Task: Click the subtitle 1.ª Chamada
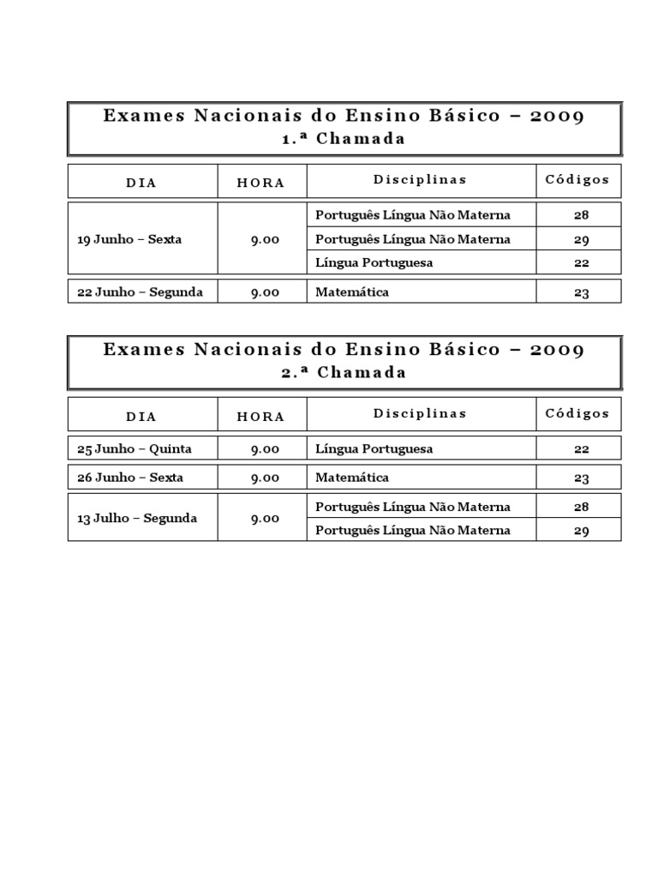[x=344, y=138]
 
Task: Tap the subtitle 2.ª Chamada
[x=344, y=372]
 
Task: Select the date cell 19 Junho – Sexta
[x=129, y=239]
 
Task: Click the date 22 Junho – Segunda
[x=140, y=292]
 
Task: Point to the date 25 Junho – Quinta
[x=135, y=448]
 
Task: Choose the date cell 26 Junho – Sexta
[x=129, y=478]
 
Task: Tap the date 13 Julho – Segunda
[x=137, y=518]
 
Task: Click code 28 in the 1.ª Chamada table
[x=582, y=215]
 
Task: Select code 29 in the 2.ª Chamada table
[x=582, y=531]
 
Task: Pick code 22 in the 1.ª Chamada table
[x=582, y=263]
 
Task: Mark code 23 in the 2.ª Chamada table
[x=582, y=478]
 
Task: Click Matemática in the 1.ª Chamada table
[x=352, y=292]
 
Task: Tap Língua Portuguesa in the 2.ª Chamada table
[x=374, y=448]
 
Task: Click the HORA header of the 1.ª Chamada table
[x=261, y=182]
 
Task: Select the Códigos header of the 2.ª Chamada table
[x=577, y=413]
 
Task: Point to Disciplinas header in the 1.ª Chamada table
[x=420, y=179]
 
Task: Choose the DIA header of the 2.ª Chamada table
[x=141, y=416]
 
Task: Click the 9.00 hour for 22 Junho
[x=265, y=292]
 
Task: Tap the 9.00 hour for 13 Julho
[x=265, y=519]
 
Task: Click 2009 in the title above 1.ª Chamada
[x=557, y=116]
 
